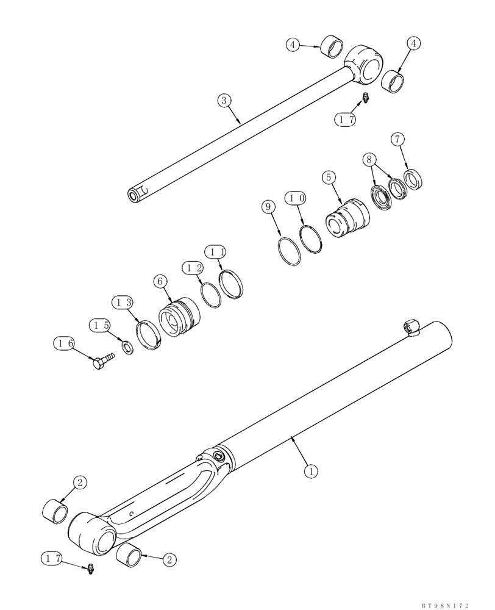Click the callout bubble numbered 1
pos(311,471)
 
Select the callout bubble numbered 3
pos(225,100)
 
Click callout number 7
pos(398,140)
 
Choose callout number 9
pos(267,207)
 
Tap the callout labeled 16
pos(64,343)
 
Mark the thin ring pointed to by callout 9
pos(291,252)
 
